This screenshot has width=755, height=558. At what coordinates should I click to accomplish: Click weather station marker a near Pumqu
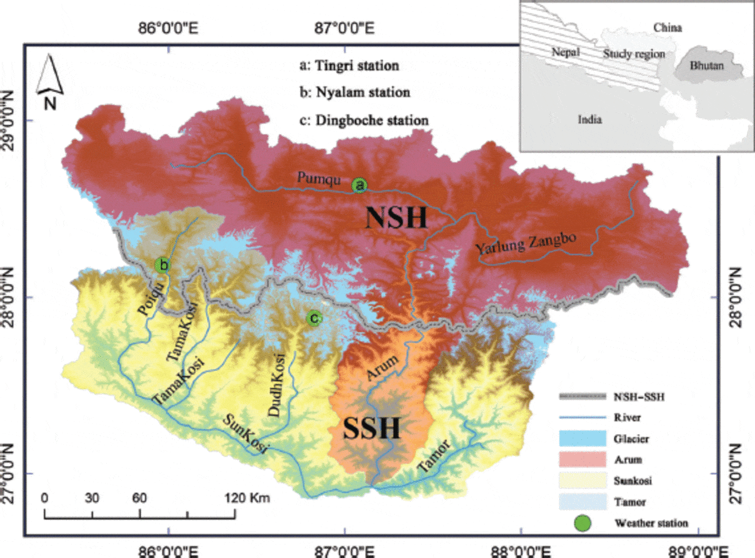pos(359,185)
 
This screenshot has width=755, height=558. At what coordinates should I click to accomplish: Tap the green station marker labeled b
pos(162,265)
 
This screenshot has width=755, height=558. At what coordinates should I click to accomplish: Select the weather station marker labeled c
pos(314,318)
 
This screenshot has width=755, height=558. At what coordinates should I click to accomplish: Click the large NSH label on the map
pos(396,218)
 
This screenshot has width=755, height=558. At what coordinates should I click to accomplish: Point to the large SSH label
pos(372,428)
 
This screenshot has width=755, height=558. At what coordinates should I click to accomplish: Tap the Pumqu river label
pos(319,178)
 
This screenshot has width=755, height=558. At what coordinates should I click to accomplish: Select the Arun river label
pos(382,368)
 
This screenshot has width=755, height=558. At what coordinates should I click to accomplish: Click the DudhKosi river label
pos(277,385)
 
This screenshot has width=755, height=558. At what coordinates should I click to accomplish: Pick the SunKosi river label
pos(246,433)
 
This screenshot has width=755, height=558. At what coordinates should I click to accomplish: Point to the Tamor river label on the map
pos(434,456)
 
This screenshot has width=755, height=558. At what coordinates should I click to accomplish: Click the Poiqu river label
pos(151,299)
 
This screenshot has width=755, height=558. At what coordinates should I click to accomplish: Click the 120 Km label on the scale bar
pos(248,498)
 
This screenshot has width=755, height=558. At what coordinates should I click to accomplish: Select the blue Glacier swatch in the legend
pos(582,438)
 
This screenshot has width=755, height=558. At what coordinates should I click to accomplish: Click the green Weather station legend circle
pos(583,523)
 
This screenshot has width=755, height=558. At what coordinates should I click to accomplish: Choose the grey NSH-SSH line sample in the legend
pos(582,397)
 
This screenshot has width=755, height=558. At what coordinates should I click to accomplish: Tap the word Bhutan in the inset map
pos(706,66)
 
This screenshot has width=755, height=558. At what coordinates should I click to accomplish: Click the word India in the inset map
pos(589,120)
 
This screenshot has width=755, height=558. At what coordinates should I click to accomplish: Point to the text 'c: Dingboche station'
pos(364,120)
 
